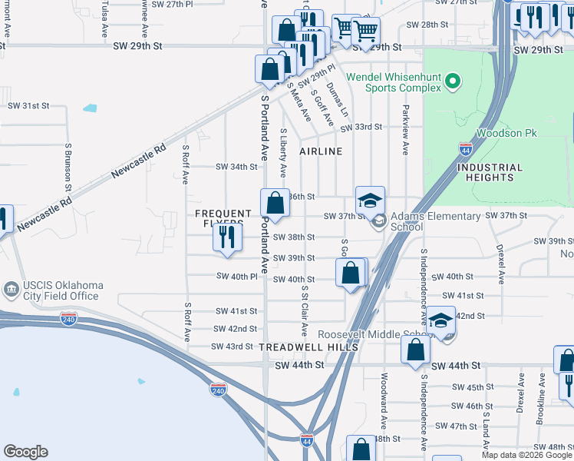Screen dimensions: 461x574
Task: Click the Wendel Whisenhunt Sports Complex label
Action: tap(394, 82)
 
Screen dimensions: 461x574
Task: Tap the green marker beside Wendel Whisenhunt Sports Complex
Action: tap(453, 81)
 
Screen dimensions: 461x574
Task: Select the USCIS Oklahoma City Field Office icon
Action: tap(12, 290)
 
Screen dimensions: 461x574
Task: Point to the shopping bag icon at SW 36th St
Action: tap(275, 204)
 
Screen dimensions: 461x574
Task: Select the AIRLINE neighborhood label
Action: tap(321, 151)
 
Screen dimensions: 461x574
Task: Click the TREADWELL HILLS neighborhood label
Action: tap(308, 347)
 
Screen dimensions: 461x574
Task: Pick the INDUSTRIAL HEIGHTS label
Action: tap(489, 172)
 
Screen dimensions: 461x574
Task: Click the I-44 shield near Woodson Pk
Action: tap(466, 147)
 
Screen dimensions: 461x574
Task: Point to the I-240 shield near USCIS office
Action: tap(69, 319)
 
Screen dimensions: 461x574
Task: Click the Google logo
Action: tap(25, 452)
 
